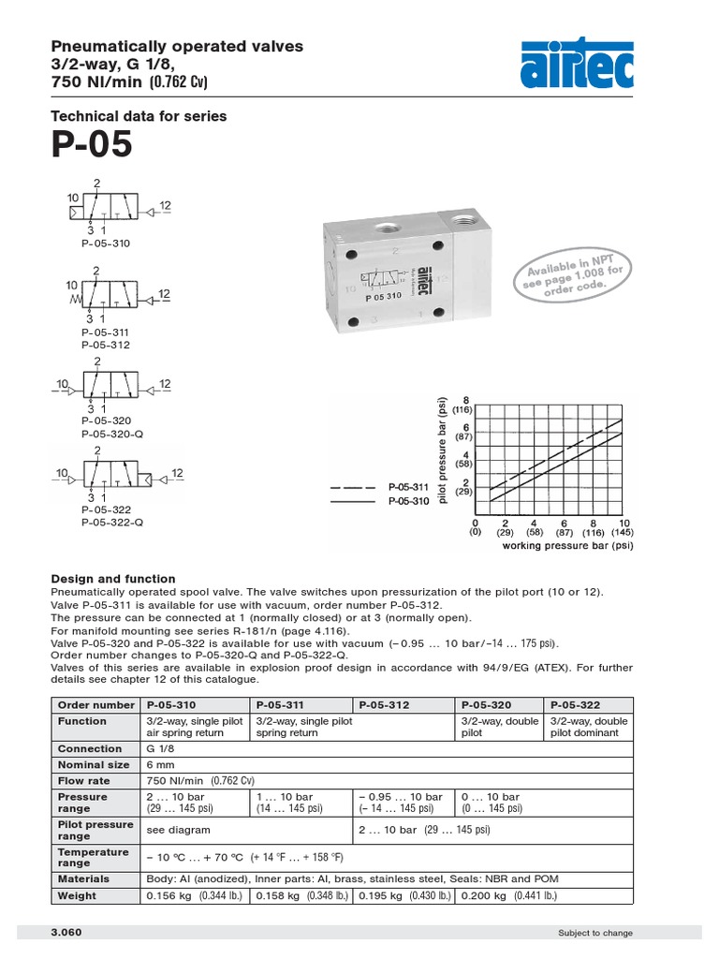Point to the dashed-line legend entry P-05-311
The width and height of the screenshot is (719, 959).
coord(407,488)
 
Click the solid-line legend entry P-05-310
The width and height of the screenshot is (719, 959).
coord(407,501)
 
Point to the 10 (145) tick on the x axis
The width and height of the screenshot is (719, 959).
coord(622,527)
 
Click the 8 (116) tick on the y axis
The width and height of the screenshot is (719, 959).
coord(462,404)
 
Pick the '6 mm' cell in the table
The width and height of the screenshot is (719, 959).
coord(161,764)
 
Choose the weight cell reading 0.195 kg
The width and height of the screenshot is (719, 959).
coord(403,895)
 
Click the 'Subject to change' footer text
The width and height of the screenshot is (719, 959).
coord(594,933)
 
